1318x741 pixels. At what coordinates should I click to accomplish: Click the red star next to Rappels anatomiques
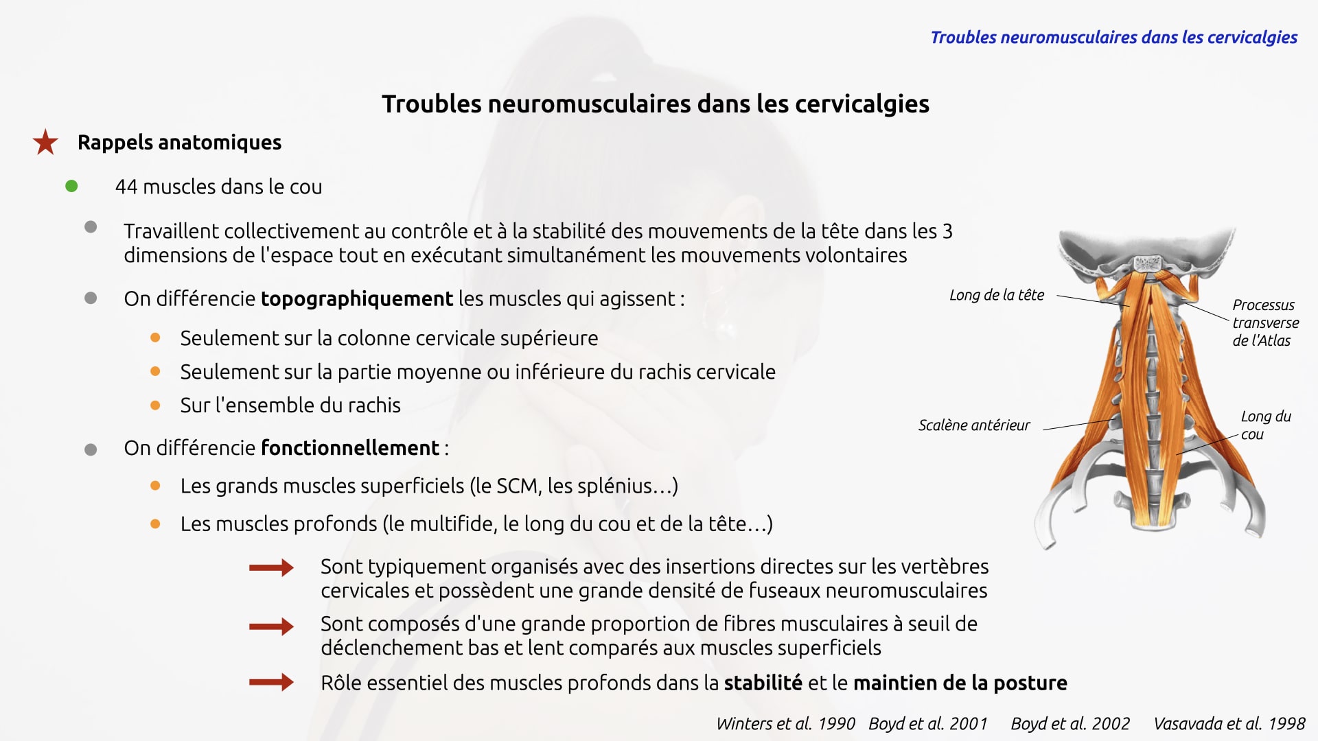(45, 142)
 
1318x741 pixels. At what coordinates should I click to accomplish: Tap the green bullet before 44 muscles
(71, 186)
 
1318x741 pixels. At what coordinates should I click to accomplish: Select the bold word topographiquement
(356, 299)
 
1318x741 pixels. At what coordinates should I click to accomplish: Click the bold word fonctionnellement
(350, 448)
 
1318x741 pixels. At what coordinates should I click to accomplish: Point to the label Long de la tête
(996, 295)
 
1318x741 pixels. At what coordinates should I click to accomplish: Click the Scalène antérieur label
(973, 425)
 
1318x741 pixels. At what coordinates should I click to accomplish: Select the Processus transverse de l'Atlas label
(1264, 322)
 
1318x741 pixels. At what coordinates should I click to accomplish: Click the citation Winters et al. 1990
(785, 724)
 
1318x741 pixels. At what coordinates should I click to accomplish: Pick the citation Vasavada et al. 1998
(1229, 724)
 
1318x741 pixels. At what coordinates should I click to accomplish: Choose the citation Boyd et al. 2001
(927, 724)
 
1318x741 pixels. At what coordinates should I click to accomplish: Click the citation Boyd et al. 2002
(1070, 724)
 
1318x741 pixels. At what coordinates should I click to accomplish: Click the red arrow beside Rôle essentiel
(271, 682)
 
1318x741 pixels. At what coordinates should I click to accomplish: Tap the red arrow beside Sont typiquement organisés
(271, 567)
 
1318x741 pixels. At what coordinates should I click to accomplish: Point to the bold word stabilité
(763, 683)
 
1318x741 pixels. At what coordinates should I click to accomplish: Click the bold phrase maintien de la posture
(960, 683)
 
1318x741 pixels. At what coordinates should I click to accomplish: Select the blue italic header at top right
(1113, 38)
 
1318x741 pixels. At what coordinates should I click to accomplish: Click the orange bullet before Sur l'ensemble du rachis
(155, 405)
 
